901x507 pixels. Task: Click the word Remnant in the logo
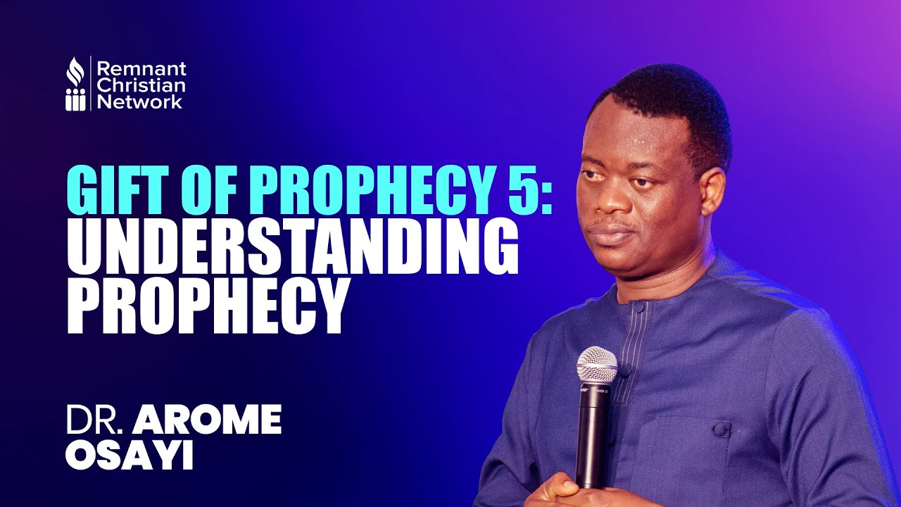[x=141, y=69]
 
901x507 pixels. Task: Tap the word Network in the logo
[x=139, y=101]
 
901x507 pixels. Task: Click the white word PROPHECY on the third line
[x=208, y=305]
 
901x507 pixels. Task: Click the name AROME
[x=208, y=420]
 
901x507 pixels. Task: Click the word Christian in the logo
[x=141, y=85]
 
